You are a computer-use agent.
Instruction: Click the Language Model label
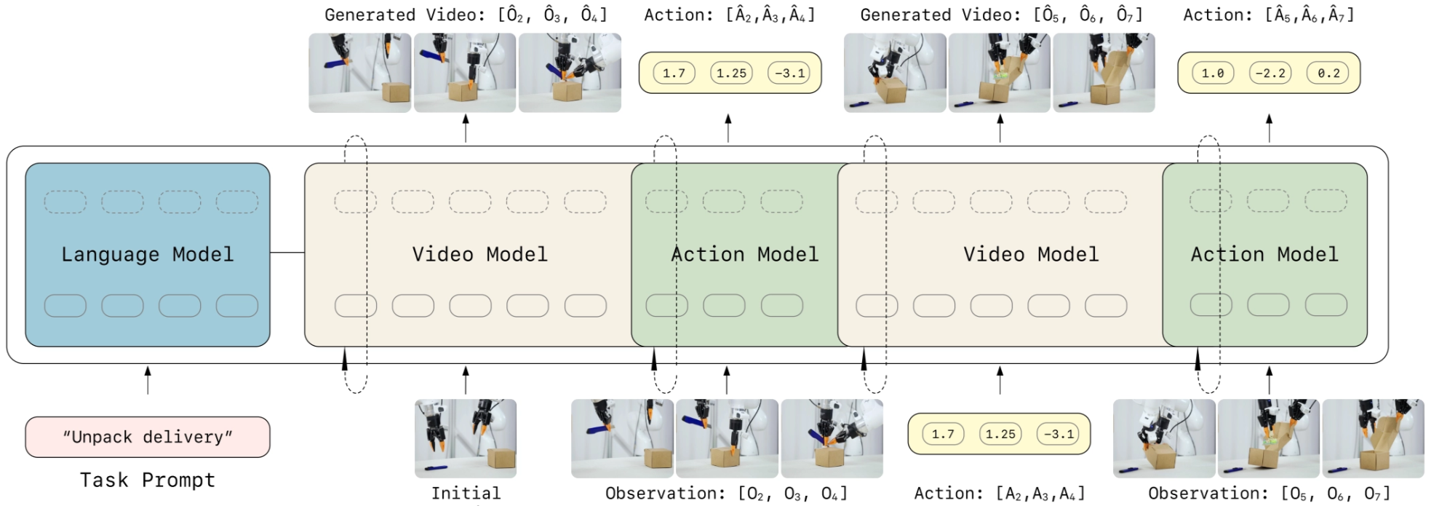[x=147, y=254]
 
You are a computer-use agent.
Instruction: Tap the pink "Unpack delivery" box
[x=147, y=437]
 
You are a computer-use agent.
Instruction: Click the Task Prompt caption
[x=147, y=481]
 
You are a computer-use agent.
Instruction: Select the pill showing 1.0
[x=1213, y=73]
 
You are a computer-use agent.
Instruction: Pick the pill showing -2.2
[x=1270, y=73]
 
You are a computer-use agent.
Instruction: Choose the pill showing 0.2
[x=1328, y=73]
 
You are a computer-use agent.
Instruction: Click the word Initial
[x=466, y=493]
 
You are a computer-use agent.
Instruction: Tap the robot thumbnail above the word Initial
[x=466, y=438]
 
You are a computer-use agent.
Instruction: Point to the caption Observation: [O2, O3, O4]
[x=726, y=493]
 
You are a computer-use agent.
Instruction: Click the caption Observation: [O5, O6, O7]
[x=1269, y=493]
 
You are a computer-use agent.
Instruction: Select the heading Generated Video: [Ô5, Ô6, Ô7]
[x=1001, y=15]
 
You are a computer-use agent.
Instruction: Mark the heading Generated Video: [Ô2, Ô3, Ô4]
[x=466, y=15]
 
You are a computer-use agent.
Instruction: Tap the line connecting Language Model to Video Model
[x=287, y=253]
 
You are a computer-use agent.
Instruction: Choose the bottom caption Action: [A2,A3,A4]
[x=999, y=493]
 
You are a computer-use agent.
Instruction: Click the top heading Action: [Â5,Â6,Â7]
[x=1269, y=15]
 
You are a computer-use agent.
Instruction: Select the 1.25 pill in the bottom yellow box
[x=1000, y=434]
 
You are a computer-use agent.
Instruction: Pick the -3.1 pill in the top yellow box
[x=789, y=73]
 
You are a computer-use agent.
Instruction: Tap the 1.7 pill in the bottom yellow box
[x=943, y=434]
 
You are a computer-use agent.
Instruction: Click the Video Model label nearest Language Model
[x=479, y=254]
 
